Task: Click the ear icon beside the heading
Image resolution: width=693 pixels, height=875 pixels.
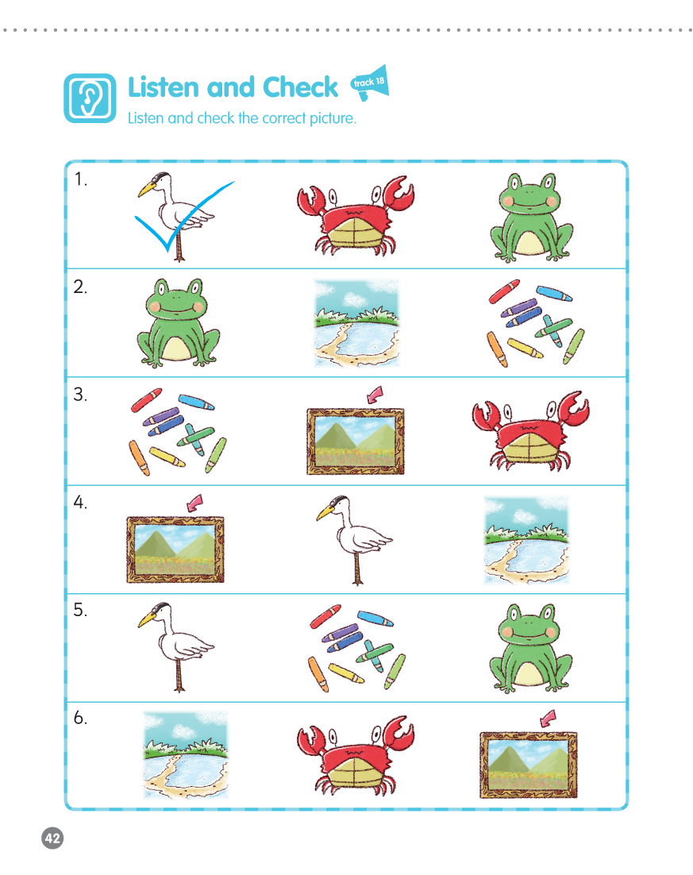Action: (x=90, y=98)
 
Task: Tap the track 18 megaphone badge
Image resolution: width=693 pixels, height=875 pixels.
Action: (x=370, y=83)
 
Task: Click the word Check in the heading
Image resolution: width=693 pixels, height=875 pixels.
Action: (x=300, y=87)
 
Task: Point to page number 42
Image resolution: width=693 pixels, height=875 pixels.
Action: (x=52, y=838)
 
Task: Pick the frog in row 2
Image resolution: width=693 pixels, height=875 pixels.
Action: (x=178, y=322)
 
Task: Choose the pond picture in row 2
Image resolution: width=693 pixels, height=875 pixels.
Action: (x=357, y=323)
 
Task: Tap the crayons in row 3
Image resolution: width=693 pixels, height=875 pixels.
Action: (x=179, y=431)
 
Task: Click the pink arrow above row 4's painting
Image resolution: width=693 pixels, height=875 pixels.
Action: (x=194, y=503)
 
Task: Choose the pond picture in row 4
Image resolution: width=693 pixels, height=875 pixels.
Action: (x=527, y=540)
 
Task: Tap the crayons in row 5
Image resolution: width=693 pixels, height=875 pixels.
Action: (x=357, y=647)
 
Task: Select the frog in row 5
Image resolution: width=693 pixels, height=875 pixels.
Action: (x=530, y=648)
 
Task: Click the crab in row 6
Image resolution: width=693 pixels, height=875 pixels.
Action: (x=356, y=756)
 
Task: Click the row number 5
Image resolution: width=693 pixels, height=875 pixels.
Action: (x=80, y=610)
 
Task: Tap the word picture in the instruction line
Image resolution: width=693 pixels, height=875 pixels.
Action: (x=333, y=118)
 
